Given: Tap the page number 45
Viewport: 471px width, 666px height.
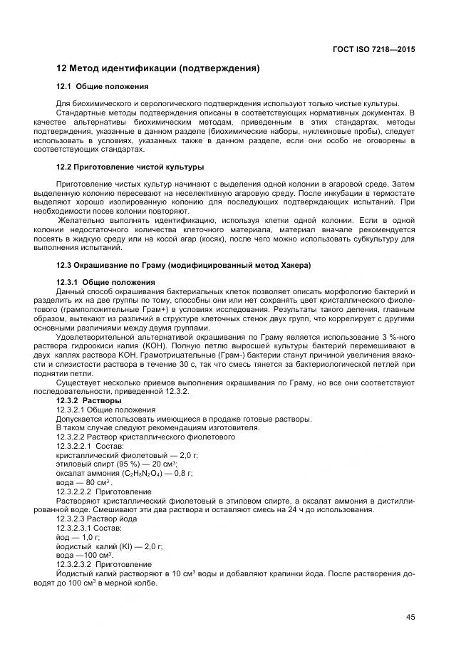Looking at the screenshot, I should point(410,617).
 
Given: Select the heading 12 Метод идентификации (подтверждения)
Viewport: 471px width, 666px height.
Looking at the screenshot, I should point(157,69).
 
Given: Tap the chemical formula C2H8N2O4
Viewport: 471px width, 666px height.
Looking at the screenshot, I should point(140,473).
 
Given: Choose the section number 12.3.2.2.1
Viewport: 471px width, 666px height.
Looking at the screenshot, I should point(73,445).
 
